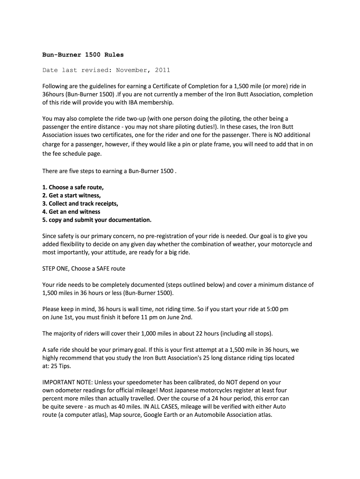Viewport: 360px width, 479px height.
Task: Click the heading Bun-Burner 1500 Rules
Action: pyautogui.click(x=83, y=54)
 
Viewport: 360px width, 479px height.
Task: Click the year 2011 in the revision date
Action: pyautogui.click(x=161, y=70)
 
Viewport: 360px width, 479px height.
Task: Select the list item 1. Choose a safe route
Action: pyautogui.click(x=73, y=188)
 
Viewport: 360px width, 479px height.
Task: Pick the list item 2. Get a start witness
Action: pyautogui.click(x=72, y=196)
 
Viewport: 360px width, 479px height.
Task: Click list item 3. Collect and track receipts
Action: pyautogui.click(x=80, y=203)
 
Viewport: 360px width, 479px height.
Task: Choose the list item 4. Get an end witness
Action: pyautogui.click(x=71, y=211)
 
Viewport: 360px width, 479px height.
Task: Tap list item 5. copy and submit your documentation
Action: pyautogui.click(x=97, y=219)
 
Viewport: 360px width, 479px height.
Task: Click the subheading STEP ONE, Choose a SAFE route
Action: pyautogui.click(x=84, y=269)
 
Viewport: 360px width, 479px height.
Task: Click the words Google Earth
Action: pyautogui.click(x=162, y=414)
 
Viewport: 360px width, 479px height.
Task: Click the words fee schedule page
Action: pyautogui.click(x=77, y=153)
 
